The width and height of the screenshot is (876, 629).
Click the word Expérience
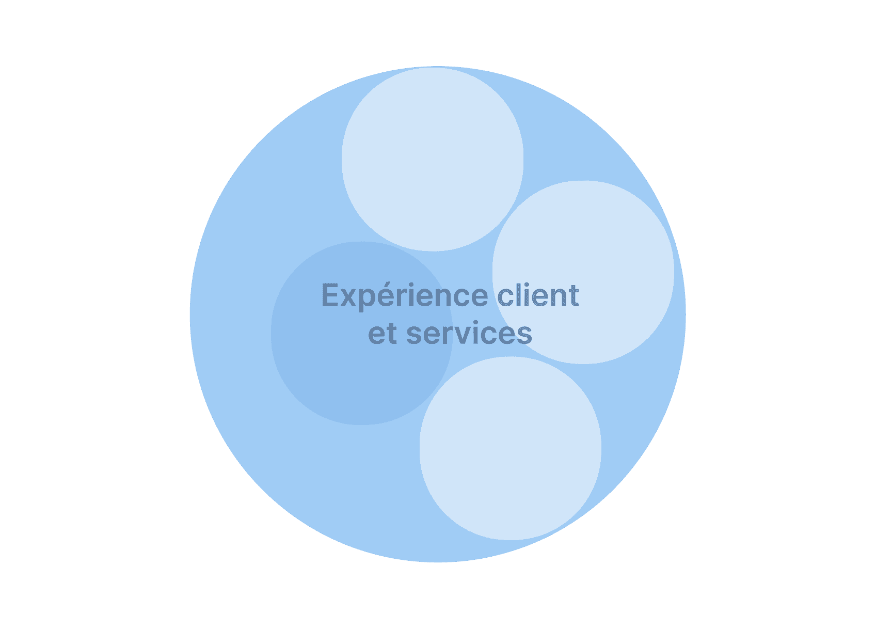[405, 296]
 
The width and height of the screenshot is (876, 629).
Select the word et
[383, 334]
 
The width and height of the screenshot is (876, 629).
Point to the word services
[469, 333]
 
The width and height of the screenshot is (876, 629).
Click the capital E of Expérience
[330, 294]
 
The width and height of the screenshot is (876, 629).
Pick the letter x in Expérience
[348, 297]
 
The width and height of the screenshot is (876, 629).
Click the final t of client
[574, 295]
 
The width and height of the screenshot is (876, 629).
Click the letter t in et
[392, 334]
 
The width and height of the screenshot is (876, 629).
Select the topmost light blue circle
[433, 159]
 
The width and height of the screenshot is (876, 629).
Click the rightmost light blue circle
[583, 272]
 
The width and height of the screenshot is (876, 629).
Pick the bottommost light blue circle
[511, 448]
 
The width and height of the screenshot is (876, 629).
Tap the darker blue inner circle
[362, 333]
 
